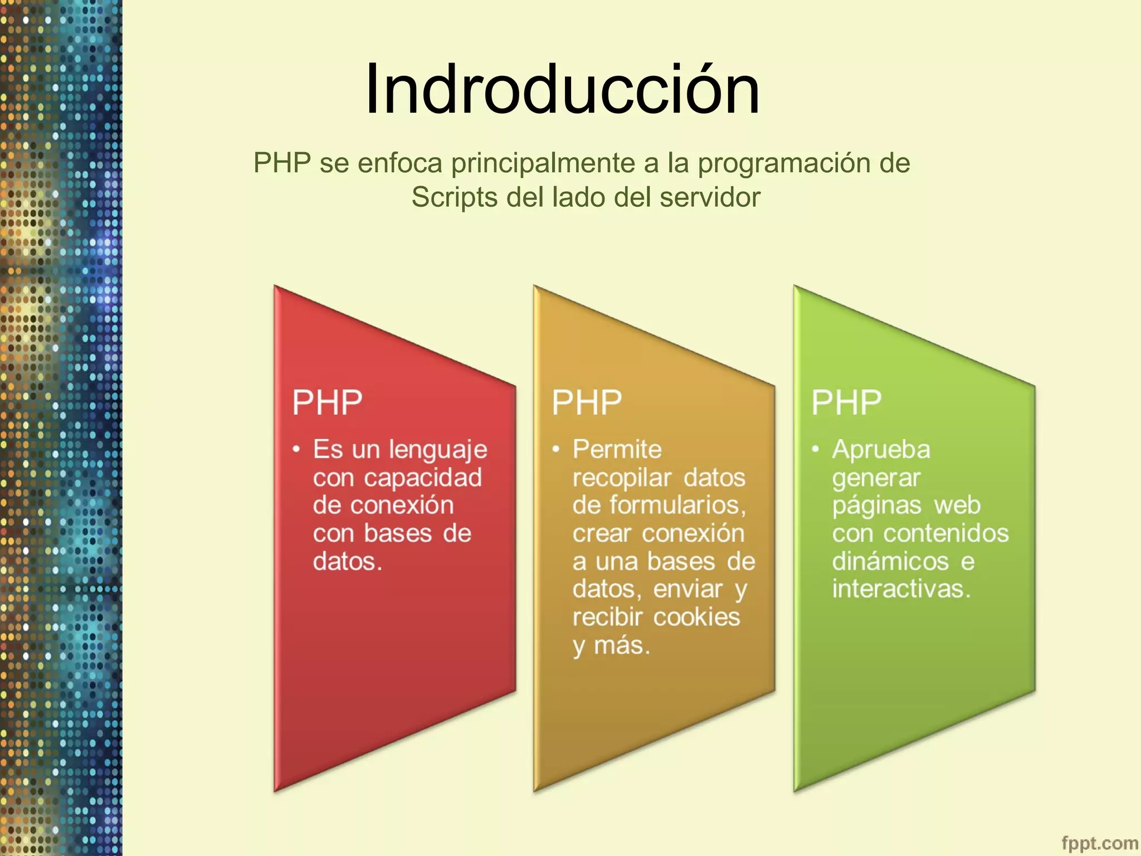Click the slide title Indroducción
(x=562, y=89)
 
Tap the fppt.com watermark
(x=1099, y=843)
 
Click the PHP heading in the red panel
(x=327, y=402)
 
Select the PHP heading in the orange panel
(x=587, y=402)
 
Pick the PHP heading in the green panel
(x=846, y=402)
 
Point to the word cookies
(x=696, y=617)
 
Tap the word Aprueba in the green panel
(x=881, y=449)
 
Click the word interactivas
(x=901, y=589)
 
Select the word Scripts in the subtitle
(x=454, y=197)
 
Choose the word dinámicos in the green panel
(x=890, y=561)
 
